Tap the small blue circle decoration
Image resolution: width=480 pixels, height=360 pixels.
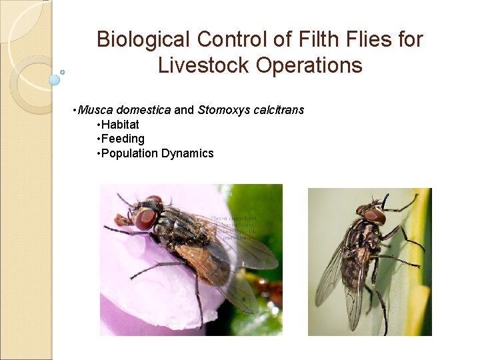coord(55,80)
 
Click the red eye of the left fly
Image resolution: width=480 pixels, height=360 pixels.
coord(144,218)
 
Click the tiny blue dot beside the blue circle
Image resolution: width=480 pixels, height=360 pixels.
coord(63,72)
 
